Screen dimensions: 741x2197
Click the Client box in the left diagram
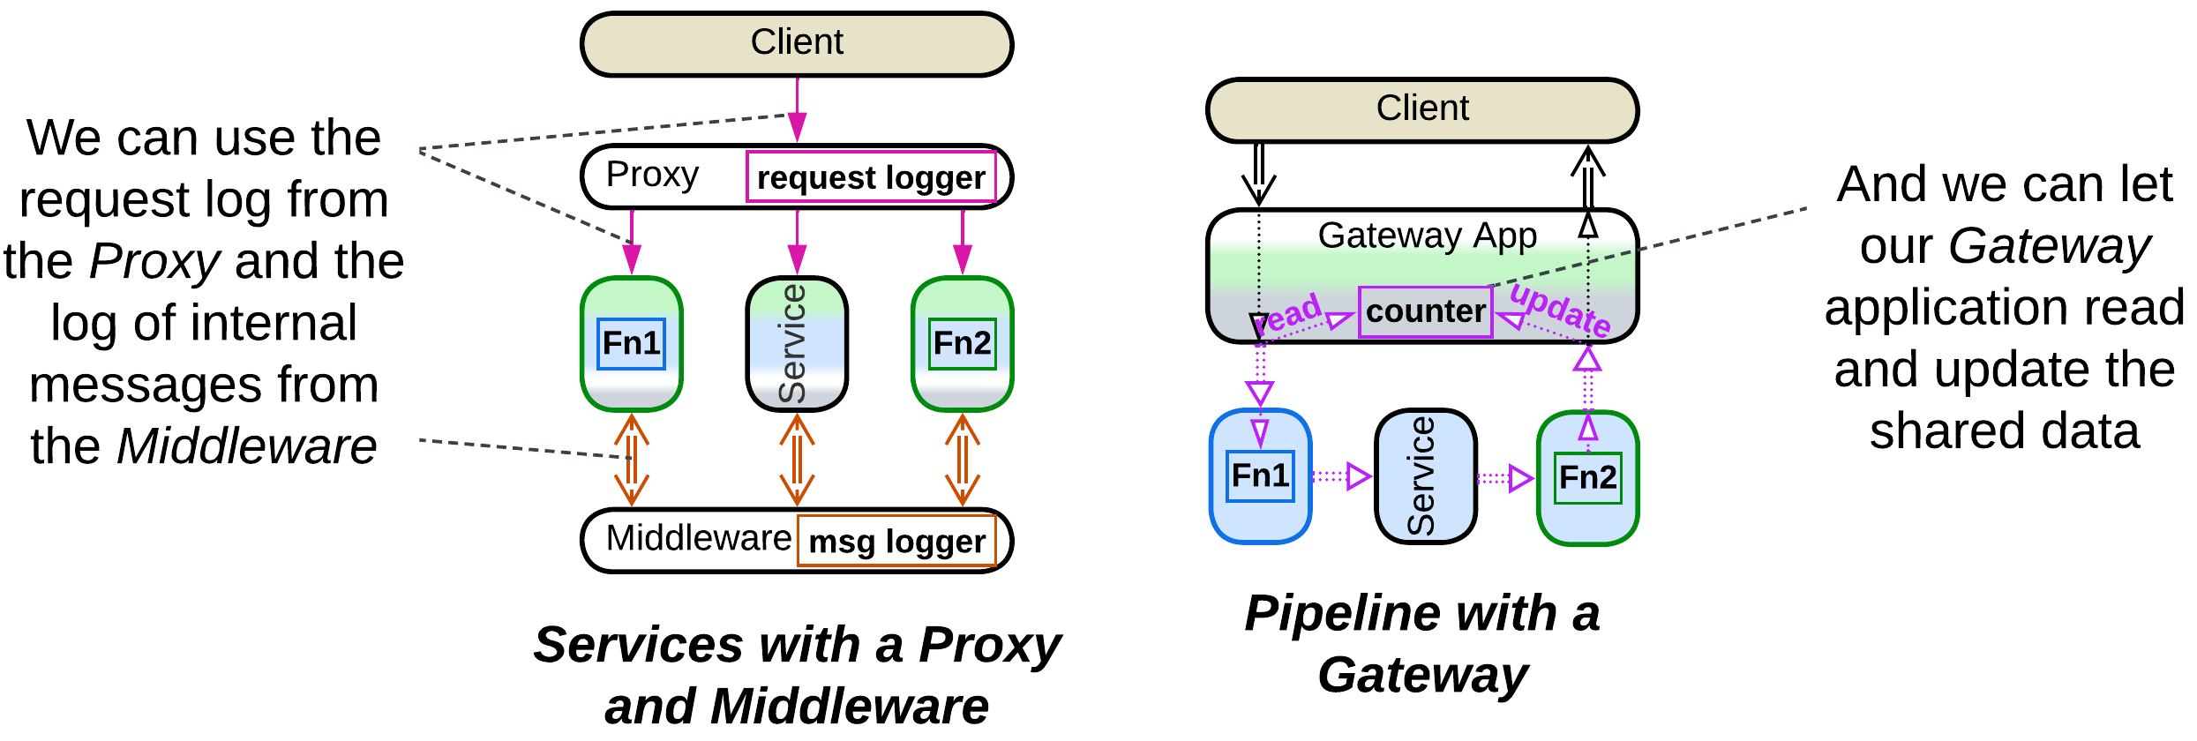(797, 44)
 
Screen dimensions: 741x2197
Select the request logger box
(872, 177)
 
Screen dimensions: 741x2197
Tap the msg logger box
(897, 541)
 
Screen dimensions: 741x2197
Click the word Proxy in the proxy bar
(652, 175)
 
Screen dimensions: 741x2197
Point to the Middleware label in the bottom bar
(699, 538)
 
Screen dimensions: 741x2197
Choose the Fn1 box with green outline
(632, 343)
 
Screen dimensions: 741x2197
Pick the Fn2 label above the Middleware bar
(963, 343)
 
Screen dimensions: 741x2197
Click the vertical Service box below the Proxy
(797, 344)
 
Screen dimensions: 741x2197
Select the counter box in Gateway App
(1426, 311)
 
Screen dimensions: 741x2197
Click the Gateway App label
(1427, 236)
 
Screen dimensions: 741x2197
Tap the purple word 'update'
(1560, 309)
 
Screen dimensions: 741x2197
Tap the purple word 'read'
(1291, 314)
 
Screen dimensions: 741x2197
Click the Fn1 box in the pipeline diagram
(1261, 476)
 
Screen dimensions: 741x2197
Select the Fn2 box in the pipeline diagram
(1588, 478)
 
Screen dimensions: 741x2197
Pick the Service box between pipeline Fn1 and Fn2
(1425, 476)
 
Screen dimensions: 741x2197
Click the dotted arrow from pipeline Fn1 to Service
(1341, 477)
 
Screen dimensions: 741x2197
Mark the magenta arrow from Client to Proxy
(798, 109)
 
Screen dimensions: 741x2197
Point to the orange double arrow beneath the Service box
(797, 459)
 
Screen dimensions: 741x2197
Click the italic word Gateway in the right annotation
(2049, 245)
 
